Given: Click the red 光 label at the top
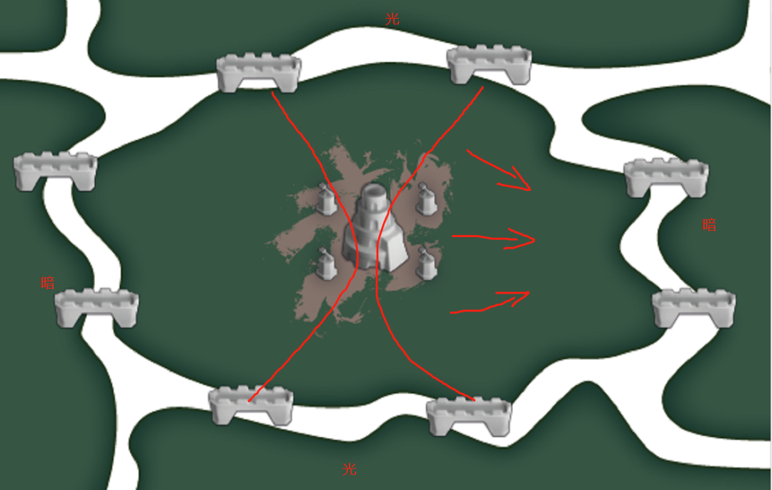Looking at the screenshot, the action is (392, 19).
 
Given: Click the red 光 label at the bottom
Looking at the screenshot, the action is (349, 469).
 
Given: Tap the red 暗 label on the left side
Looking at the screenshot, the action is (48, 283).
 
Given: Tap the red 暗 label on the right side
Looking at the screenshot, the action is (709, 225).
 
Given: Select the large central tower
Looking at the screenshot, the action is (376, 227).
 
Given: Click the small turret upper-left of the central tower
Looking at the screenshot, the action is (325, 199).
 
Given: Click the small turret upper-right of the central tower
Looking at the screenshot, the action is (426, 198).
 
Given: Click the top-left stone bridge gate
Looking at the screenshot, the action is (259, 73).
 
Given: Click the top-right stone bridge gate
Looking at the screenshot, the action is (489, 64).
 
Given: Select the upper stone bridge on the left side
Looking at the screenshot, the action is (55, 171).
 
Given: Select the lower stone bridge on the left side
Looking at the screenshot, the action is (96, 308).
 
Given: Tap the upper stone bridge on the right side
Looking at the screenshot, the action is (666, 178).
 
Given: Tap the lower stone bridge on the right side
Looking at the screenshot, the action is (694, 308).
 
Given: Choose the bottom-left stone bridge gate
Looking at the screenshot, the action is (251, 406).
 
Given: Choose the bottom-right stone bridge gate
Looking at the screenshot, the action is (469, 416).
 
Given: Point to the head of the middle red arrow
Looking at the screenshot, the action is (534, 239).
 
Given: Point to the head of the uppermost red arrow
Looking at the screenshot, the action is (530, 189).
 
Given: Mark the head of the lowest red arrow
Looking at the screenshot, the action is (528, 293).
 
